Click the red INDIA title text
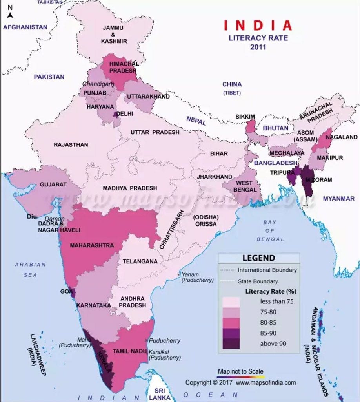(258, 26)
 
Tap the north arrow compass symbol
(11, 12)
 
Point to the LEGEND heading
(258, 258)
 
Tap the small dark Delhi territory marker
(115, 114)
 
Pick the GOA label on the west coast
(65, 291)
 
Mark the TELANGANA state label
(140, 261)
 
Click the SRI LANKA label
(160, 394)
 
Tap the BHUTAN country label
(275, 128)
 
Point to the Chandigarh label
(98, 84)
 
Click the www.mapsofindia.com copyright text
(265, 382)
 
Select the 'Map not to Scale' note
(240, 371)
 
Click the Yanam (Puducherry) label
(197, 277)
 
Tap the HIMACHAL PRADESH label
(123, 67)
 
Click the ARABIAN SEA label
(30, 270)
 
